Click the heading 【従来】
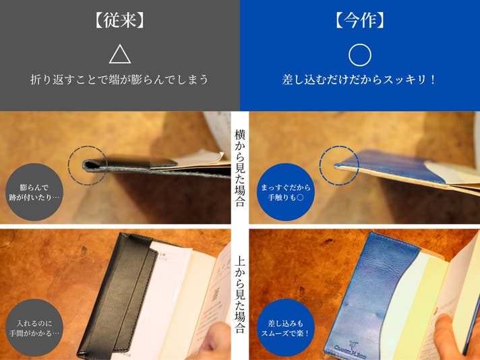click(120, 21)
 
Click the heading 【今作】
click(360, 21)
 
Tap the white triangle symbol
click(120, 54)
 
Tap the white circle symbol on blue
click(360, 55)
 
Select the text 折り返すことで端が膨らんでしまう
click(119, 80)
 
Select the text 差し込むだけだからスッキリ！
click(359, 80)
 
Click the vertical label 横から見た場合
click(240, 168)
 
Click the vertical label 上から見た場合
click(240, 295)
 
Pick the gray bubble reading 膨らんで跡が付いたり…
click(34, 192)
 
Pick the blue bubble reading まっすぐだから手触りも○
click(286, 192)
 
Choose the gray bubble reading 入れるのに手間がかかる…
click(34, 328)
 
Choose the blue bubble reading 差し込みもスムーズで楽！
click(286, 328)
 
